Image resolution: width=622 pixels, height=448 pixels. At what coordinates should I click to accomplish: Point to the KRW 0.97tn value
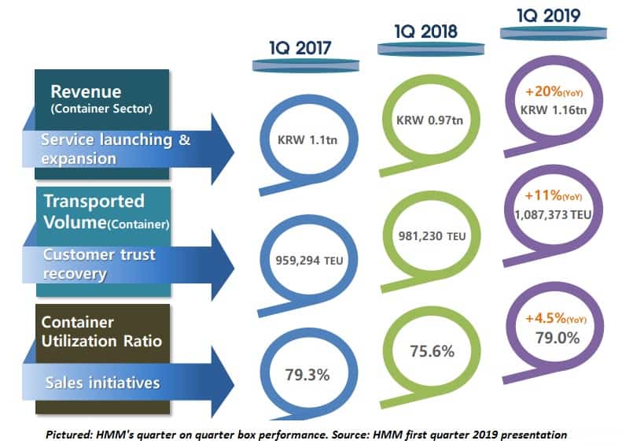pyautogui.click(x=424, y=123)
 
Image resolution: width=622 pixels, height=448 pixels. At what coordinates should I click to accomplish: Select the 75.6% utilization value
pyautogui.click(x=425, y=351)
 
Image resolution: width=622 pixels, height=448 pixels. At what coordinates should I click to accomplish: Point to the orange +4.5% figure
pyautogui.click(x=542, y=320)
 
